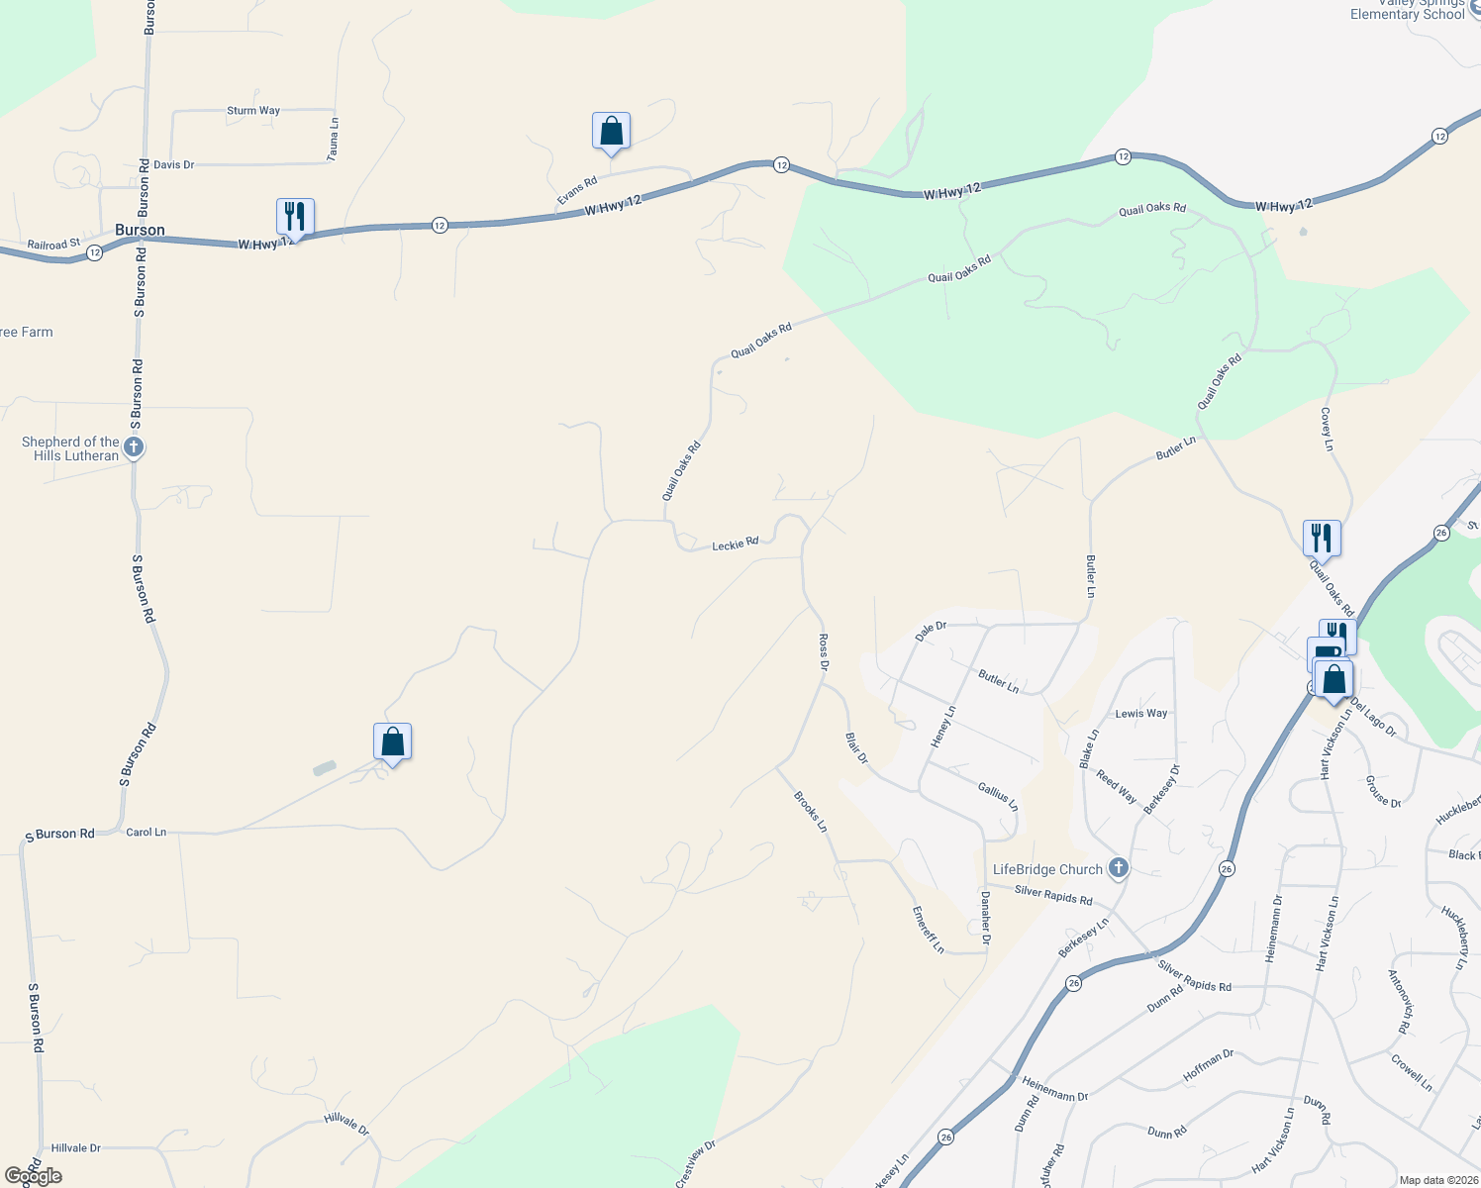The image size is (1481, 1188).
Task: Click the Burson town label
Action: (x=140, y=230)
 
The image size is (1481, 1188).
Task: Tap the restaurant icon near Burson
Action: (x=295, y=216)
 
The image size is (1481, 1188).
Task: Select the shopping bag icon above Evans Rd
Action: (x=611, y=131)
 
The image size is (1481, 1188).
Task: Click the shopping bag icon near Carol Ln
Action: (x=392, y=742)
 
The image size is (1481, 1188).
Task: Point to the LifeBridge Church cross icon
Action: (x=1119, y=868)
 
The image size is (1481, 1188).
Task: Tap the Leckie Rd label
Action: (x=735, y=544)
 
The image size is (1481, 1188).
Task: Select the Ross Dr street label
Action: (x=823, y=653)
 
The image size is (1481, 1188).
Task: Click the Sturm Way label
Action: (x=253, y=111)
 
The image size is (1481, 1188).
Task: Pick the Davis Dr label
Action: (x=174, y=164)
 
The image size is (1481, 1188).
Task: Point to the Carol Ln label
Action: (x=147, y=832)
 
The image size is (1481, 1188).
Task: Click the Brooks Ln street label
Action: (x=810, y=811)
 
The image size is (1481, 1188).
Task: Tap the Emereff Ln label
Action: (x=928, y=930)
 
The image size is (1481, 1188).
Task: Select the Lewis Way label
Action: (x=1141, y=713)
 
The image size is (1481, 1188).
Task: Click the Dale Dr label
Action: (x=931, y=631)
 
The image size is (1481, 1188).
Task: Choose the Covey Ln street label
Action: (x=1327, y=429)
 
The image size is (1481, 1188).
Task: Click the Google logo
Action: (x=34, y=1176)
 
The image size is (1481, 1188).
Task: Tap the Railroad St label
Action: (x=53, y=244)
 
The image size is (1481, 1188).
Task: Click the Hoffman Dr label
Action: (x=1208, y=1065)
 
